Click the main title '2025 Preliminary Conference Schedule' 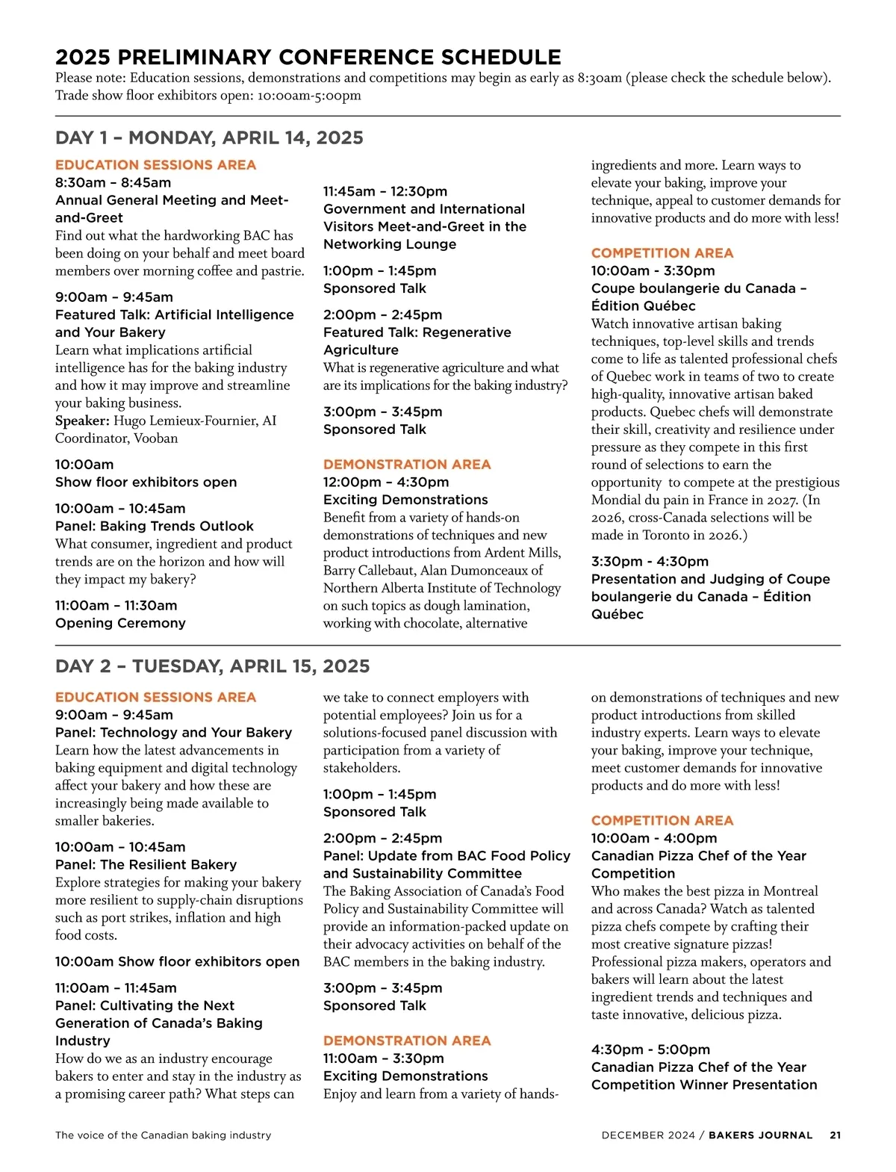[x=308, y=58]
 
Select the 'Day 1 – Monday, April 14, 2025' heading [x=209, y=138]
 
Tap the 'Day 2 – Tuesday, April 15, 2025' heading [x=212, y=666]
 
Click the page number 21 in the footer [x=835, y=1135]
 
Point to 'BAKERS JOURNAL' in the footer [x=760, y=1135]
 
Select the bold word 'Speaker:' [x=82, y=421]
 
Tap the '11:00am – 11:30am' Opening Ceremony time [x=116, y=606]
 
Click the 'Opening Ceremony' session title [x=120, y=623]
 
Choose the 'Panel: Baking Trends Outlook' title [x=154, y=526]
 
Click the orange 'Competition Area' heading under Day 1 [x=662, y=253]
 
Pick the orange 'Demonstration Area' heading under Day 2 [x=406, y=1041]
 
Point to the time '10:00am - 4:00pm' [x=653, y=838]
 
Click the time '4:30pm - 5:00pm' [x=650, y=1049]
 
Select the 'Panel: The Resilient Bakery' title [x=146, y=864]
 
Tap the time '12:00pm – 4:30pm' [x=385, y=482]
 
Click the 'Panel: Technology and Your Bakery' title [x=173, y=733]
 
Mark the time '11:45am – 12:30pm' [x=385, y=191]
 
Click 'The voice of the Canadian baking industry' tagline [x=163, y=1135]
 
